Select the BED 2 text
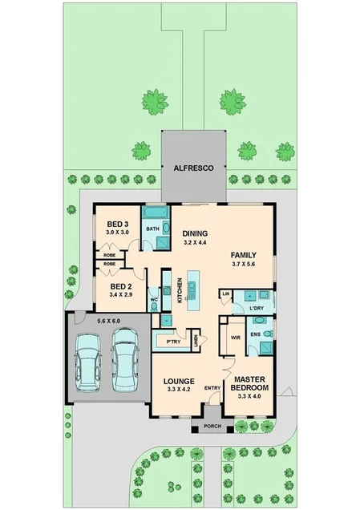tap(120, 286)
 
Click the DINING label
tap(196, 233)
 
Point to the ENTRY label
tap(212, 388)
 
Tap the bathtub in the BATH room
tap(156, 214)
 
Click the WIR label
tap(236, 338)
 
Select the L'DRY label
tap(257, 308)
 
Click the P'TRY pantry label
tap(173, 342)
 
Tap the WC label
tap(152, 302)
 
